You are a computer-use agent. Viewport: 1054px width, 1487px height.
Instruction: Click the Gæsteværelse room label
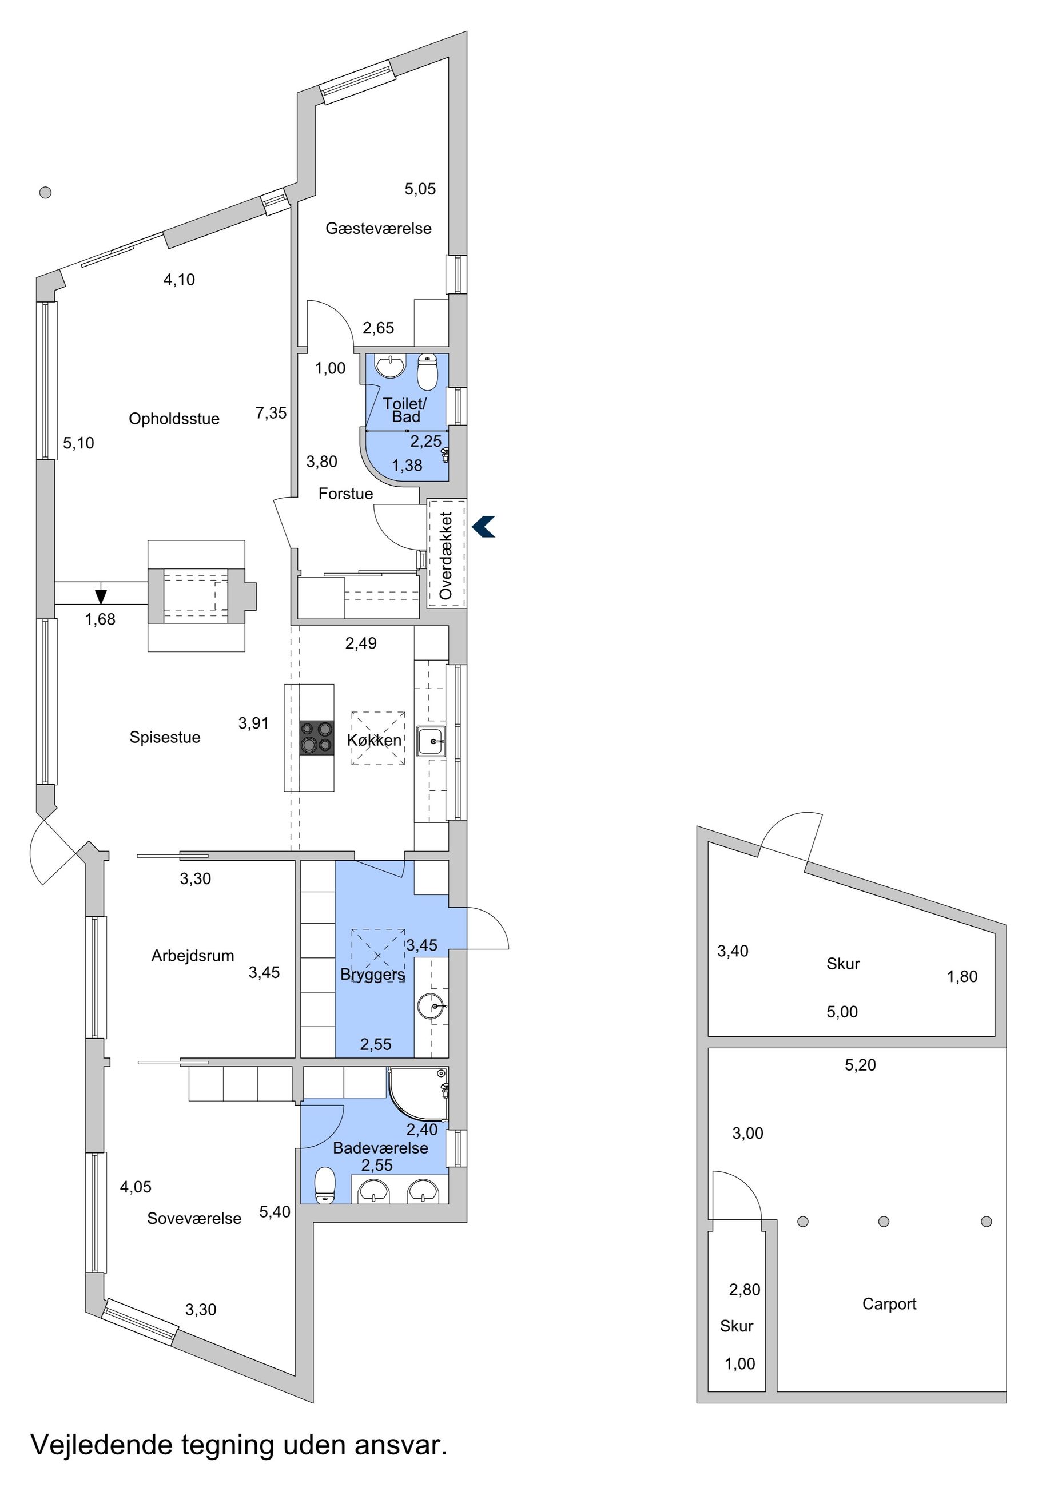pyautogui.click(x=379, y=228)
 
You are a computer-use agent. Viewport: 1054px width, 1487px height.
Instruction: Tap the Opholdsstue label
pyautogui.click(x=174, y=419)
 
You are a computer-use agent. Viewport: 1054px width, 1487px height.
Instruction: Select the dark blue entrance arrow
pyautogui.click(x=483, y=526)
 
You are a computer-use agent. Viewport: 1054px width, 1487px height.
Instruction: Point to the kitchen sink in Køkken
pyautogui.click(x=432, y=741)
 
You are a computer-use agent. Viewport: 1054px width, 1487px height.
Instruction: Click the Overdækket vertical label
pyautogui.click(x=446, y=555)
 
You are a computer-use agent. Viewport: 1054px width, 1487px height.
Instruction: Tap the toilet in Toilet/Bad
pyautogui.click(x=428, y=371)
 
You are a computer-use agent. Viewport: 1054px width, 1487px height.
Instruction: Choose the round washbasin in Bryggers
pyautogui.click(x=432, y=1007)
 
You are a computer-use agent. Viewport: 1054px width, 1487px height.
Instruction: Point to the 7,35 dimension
pyautogui.click(x=271, y=413)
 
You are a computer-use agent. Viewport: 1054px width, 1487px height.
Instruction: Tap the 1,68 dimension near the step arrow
pyautogui.click(x=100, y=620)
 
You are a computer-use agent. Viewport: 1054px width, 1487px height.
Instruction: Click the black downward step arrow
pyautogui.click(x=101, y=596)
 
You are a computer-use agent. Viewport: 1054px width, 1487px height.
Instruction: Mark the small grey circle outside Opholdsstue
pyautogui.click(x=45, y=193)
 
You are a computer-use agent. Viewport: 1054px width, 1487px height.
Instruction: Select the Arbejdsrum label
pyautogui.click(x=193, y=956)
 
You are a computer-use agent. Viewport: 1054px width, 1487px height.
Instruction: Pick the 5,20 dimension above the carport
pyautogui.click(x=860, y=1065)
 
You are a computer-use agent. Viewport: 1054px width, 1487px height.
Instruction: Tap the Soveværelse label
pyautogui.click(x=194, y=1219)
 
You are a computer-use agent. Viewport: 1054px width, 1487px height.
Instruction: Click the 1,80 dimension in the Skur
pyautogui.click(x=962, y=977)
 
